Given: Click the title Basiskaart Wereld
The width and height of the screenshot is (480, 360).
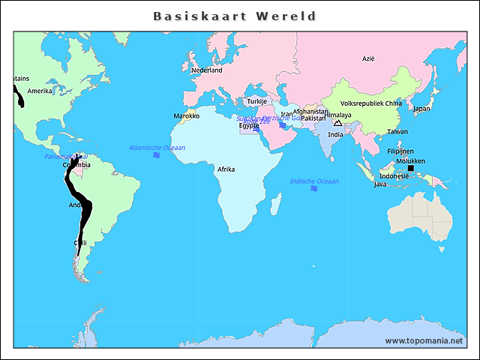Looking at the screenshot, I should click(x=234, y=16).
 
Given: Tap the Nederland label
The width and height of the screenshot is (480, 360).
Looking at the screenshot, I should click(x=207, y=70).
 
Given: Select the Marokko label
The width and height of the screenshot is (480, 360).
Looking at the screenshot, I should click(x=186, y=115).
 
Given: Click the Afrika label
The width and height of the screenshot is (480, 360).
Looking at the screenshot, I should click(x=226, y=169).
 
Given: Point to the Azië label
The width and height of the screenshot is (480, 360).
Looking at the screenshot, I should click(x=368, y=58).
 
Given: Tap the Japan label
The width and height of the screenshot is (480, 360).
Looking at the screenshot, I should click(x=421, y=108).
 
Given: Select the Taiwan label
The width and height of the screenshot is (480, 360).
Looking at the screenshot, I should click(x=397, y=131).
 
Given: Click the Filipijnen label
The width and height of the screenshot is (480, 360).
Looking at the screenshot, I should click(x=400, y=151).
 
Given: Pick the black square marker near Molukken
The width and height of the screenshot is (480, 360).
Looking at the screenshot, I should click(x=410, y=168).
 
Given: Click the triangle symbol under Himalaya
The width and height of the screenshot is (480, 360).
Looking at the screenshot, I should click(x=337, y=122).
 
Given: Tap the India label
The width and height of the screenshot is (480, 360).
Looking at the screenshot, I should click(x=336, y=134).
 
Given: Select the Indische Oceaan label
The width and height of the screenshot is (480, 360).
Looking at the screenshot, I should click(x=314, y=181).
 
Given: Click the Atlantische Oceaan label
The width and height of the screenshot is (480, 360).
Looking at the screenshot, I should click(x=157, y=148).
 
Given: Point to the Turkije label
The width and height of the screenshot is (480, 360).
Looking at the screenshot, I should click(x=257, y=101).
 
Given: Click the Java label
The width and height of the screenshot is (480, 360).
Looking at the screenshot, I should click(x=380, y=184).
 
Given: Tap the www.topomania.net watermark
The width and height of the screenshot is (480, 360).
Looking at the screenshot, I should click(x=424, y=340).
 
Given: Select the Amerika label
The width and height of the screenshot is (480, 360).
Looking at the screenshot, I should click(x=40, y=91).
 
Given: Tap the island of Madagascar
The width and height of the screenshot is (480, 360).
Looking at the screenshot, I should click(x=276, y=203).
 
